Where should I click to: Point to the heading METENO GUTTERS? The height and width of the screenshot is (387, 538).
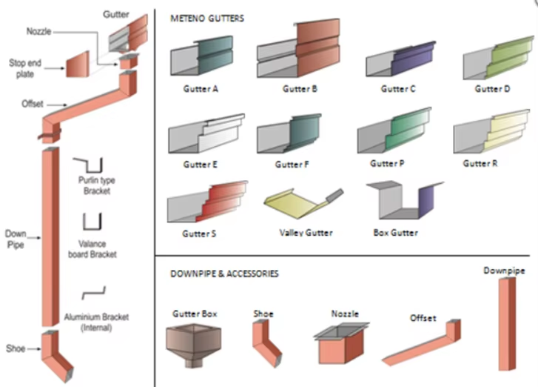(x=207, y=17)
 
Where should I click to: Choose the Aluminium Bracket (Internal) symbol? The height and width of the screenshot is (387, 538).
(x=94, y=292)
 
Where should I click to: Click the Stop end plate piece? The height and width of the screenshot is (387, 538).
(x=77, y=67)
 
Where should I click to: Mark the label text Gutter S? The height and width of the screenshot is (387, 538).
(x=199, y=234)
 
